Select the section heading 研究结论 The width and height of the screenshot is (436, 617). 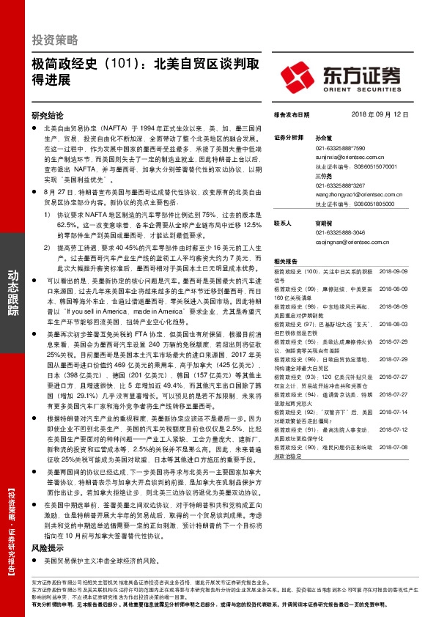[48, 115]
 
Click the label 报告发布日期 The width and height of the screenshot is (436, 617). [292, 115]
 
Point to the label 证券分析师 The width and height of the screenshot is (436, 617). [288, 137]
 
